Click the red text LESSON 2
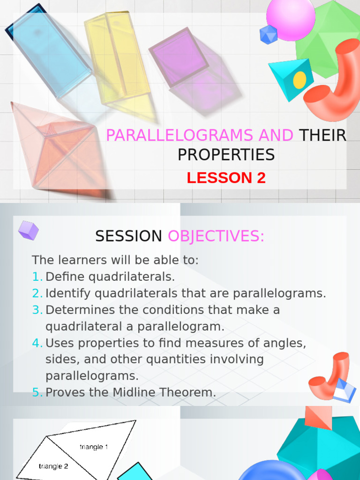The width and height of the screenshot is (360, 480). pos(226,178)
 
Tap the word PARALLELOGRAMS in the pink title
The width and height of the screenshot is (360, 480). pos(181,135)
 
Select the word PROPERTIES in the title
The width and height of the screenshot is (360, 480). pos(226,155)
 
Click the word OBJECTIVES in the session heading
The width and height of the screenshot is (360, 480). pos(216,237)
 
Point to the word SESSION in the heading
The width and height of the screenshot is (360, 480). pos(128,237)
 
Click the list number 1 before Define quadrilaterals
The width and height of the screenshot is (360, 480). pos(37,277)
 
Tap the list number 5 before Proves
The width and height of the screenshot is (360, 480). pos(37,392)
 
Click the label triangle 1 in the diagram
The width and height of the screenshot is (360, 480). pos(94,447)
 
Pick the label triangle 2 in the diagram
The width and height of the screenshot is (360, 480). pos(53,466)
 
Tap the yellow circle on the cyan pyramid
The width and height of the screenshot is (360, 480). pos(300,80)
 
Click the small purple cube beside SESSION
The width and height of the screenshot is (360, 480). pos(28,231)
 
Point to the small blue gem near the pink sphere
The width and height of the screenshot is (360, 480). pos(269,35)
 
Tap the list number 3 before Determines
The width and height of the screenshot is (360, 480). pos(37,310)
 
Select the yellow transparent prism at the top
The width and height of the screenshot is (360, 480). pos(117,56)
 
